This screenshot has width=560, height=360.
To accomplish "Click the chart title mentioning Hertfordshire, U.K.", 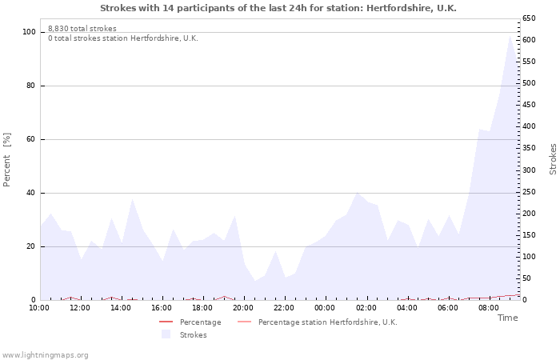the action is (278, 8).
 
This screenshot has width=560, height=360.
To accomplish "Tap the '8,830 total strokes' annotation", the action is (82, 29).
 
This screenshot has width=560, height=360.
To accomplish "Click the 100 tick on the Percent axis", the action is (29, 32).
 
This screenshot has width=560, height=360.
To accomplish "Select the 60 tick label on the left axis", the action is (30, 139).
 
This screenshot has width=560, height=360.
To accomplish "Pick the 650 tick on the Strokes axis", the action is (529, 18).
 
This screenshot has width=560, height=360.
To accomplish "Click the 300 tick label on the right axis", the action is (529, 170).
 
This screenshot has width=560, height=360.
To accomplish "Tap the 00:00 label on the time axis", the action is (325, 308).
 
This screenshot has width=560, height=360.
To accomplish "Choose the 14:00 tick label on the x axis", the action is (120, 308).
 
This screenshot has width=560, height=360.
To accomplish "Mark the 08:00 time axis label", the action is (489, 308).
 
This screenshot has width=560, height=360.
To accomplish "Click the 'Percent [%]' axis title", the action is (6, 160).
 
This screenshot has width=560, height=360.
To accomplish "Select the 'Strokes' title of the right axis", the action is (553, 159).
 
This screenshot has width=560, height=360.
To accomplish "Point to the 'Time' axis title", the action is (507, 318).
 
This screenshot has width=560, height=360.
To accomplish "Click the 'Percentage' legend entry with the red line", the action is (190, 322).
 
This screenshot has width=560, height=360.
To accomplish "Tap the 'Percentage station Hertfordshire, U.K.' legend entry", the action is (318, 322).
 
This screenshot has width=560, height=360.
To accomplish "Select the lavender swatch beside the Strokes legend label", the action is (166, 334).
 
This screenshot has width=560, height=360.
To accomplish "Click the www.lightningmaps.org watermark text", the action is (45, 355).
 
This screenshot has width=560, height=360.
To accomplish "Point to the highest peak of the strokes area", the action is (510, 36).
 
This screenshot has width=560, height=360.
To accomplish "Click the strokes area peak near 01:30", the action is (357, 193).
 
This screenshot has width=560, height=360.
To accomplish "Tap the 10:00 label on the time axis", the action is (39, 308).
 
